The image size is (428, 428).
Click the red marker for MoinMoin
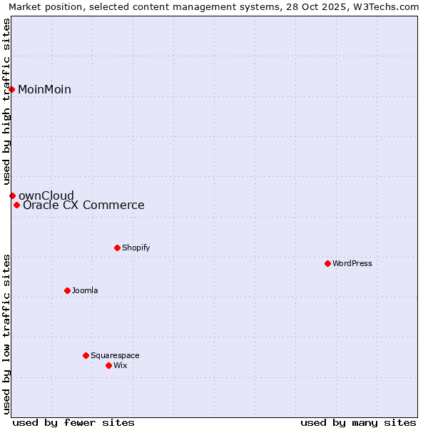(12, 89)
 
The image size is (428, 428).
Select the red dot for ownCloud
(12, 195)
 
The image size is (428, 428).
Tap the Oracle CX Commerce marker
(16, 205)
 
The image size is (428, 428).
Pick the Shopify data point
(117, 248)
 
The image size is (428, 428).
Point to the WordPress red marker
(327, 263)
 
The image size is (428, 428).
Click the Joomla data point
(67, 290)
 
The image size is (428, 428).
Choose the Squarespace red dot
(86, 355)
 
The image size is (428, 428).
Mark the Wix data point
(108, 365)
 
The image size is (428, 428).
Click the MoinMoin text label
(44, 89)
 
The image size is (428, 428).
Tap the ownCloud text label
(46, 195)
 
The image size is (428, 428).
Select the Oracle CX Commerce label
(83, 205)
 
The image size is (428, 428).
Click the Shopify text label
(136, 248)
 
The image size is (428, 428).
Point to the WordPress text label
(352, 263)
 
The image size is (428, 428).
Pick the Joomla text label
(85, 290)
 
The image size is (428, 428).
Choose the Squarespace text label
(115, 355)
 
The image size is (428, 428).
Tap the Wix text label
(121, 365)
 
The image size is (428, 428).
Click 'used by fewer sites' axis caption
(73, 422)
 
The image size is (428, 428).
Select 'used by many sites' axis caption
(358, 422)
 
